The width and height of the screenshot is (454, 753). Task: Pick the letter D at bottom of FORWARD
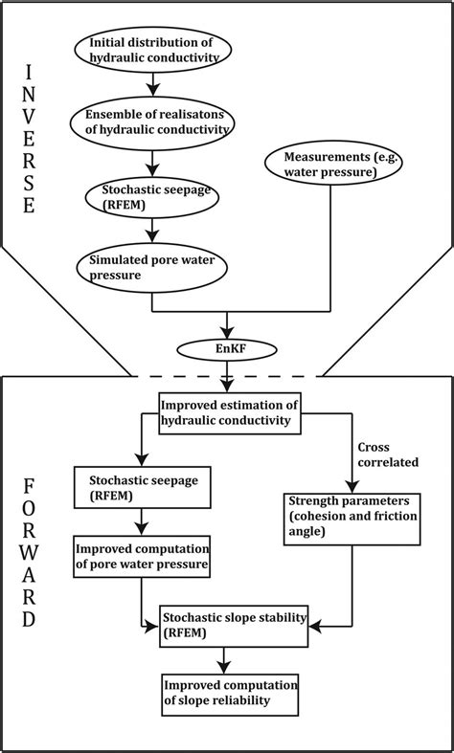[x=30, y=619]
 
